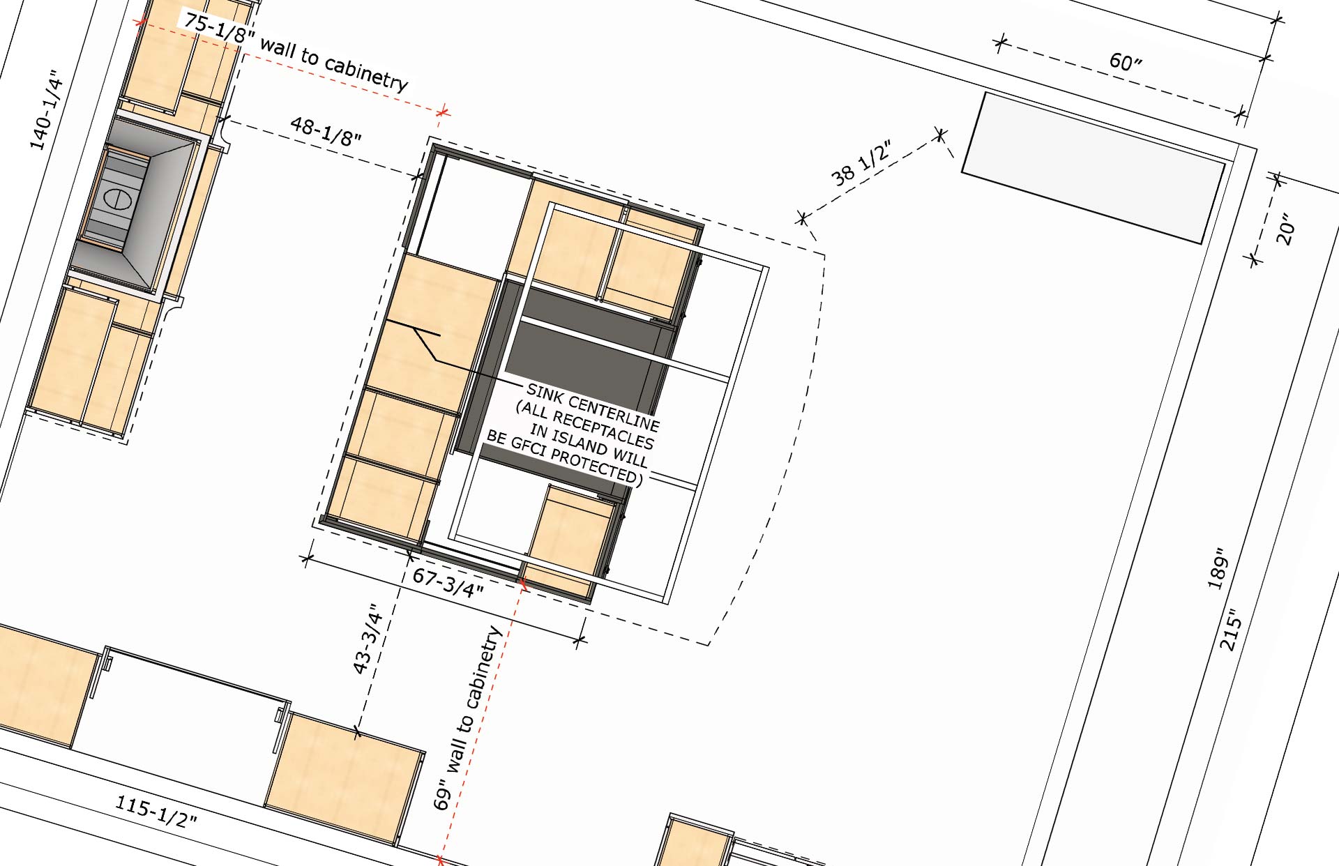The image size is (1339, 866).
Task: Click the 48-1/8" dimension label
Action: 326,130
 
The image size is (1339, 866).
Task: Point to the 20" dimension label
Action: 1285,229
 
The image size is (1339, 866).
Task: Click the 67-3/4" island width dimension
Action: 448,582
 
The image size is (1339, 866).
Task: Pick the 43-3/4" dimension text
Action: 369,639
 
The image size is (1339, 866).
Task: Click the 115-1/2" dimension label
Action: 156,811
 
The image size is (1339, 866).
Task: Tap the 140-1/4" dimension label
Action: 46,110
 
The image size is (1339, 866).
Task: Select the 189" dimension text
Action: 1218,568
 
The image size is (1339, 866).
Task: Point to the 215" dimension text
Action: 1232,630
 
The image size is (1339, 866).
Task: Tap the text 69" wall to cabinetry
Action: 468,717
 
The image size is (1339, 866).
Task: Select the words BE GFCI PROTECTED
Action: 563,457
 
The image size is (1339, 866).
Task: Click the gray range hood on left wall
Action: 133,206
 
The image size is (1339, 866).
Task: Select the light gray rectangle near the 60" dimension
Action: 1094,167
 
